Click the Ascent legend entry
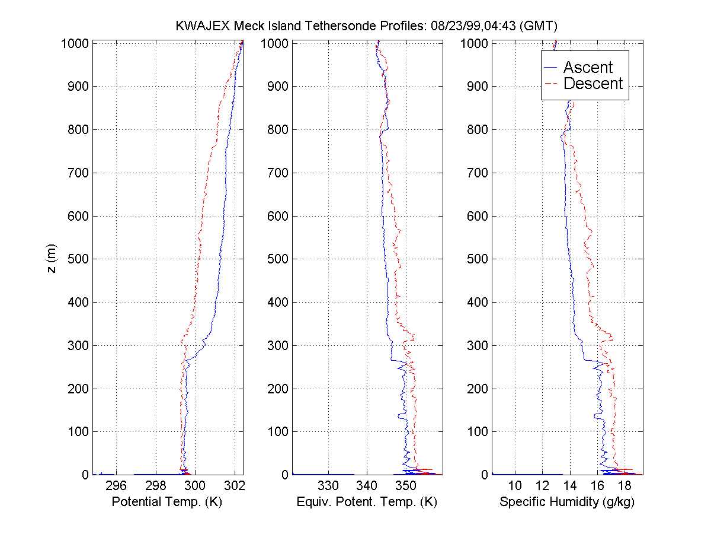587,68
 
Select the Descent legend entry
592,84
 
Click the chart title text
367,26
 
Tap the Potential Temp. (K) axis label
161,502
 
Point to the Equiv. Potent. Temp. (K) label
366,502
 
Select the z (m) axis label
52,259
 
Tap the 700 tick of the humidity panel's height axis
476,173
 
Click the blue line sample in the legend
552,68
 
